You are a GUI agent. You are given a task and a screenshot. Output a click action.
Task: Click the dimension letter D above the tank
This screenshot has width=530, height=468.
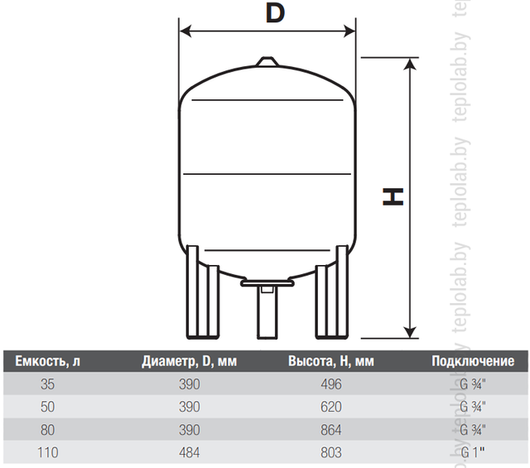click(275, 13)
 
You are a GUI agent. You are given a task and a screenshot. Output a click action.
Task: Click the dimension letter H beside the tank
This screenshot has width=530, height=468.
click(393, 197)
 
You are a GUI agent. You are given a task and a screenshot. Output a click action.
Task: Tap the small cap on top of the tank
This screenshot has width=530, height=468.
click(267, 61)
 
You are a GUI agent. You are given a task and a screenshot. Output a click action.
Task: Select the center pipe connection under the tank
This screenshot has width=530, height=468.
click(267, 308)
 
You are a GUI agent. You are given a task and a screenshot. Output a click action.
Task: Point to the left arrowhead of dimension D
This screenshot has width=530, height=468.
click(185, 31)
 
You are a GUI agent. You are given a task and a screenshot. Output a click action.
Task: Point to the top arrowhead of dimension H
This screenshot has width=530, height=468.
click(410, 64)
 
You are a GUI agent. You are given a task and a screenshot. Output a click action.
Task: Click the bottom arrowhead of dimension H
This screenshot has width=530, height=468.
click(410, 332)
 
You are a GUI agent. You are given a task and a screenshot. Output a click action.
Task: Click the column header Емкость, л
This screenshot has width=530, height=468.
click(48, 361)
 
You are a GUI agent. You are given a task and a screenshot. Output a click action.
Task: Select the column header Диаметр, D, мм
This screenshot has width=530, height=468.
click(190, 361)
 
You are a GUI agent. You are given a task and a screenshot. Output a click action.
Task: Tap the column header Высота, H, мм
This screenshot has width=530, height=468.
click(331, 361)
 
